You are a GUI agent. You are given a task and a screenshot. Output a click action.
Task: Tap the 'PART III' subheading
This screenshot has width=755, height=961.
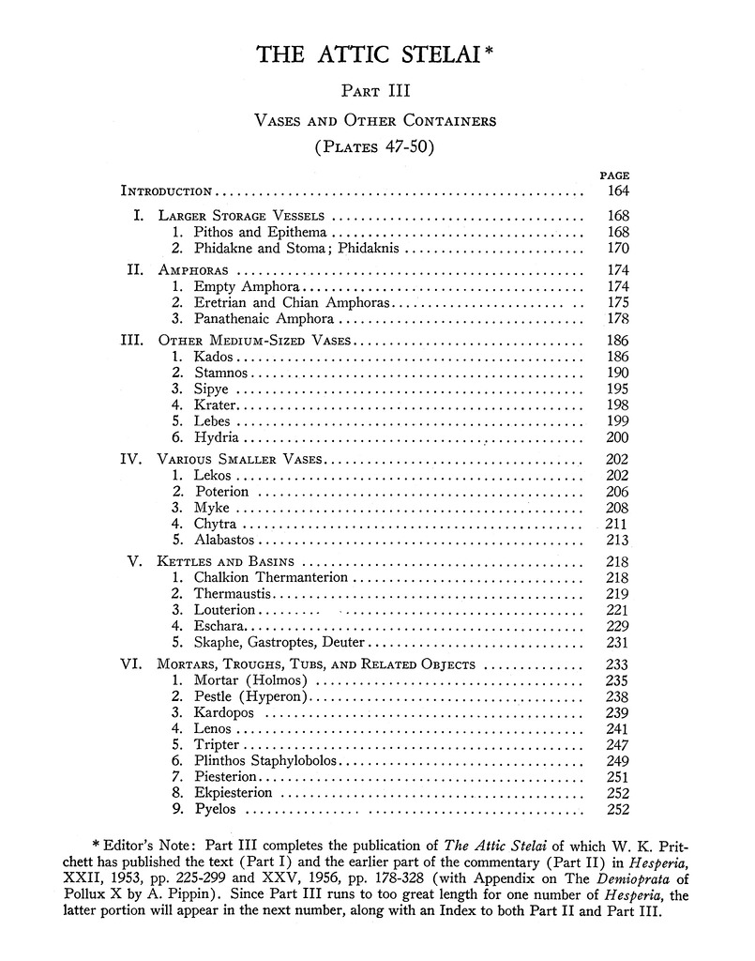376,92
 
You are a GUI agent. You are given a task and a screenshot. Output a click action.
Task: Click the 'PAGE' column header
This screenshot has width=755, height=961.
614,175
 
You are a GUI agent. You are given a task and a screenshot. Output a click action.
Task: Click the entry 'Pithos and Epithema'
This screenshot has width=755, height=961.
260,232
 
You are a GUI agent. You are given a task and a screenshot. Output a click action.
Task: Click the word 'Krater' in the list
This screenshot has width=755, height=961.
215,404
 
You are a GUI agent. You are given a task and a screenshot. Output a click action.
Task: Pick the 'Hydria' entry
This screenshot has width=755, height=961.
215,437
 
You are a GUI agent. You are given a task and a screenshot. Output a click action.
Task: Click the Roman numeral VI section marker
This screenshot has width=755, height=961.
130,664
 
